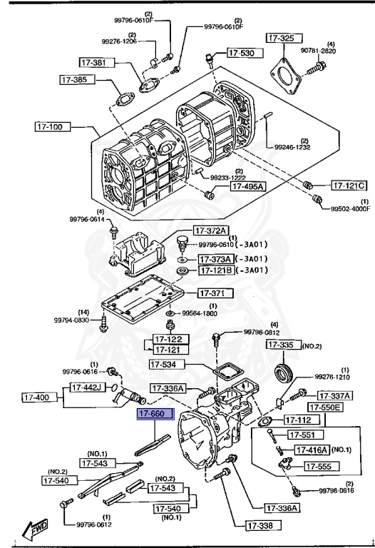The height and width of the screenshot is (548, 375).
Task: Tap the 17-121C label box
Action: [349, 186]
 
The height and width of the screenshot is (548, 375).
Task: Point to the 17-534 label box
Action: [167, 365]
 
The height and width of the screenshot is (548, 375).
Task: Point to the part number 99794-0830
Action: [74, 320]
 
